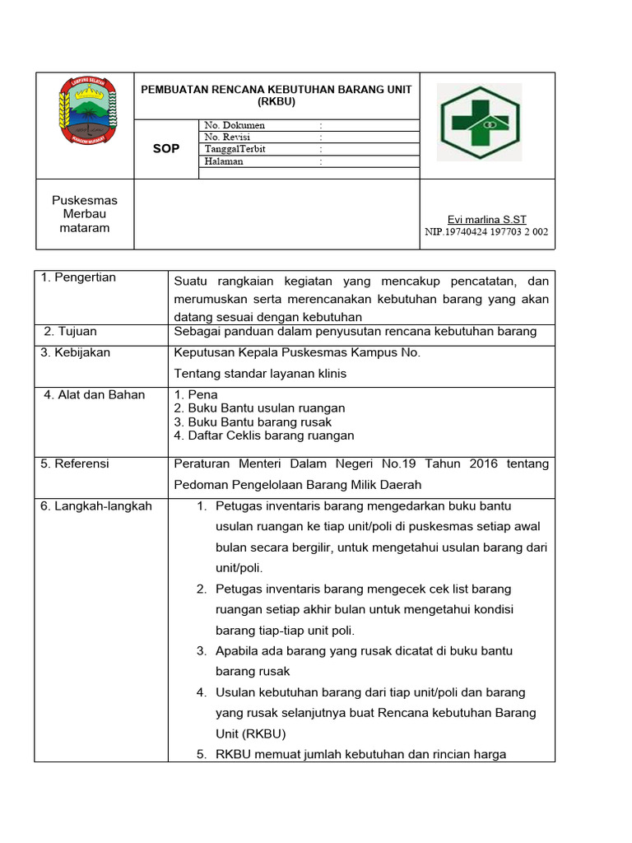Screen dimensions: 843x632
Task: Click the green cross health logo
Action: point(478,122)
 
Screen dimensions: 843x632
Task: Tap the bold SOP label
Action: point(166,149)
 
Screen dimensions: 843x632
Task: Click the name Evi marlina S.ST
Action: point(486,219)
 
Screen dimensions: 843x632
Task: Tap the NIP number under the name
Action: point(486,232)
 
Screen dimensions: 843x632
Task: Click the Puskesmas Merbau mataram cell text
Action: point(85,214)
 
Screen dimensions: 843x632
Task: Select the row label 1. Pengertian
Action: point(79,277)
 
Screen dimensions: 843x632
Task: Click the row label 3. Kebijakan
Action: point(76,352)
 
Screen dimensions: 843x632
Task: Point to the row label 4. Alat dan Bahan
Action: point(95,394)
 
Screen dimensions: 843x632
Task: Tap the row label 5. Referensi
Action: point(75,463)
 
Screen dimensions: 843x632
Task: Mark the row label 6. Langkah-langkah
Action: point(96,505)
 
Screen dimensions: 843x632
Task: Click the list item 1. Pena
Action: point(196,394)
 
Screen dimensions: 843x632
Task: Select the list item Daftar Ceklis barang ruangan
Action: point(264,435)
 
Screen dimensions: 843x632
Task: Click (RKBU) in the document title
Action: point(276,101)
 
